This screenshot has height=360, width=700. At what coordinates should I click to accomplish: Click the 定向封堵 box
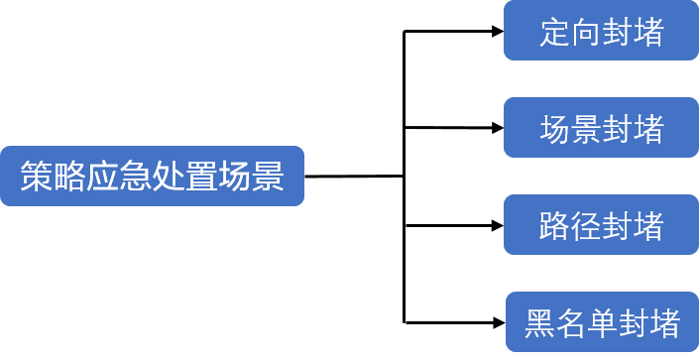pos(601,31)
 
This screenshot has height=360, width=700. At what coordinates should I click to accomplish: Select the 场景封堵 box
pos(601,128)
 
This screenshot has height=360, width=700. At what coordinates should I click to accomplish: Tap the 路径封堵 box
pos(601,225)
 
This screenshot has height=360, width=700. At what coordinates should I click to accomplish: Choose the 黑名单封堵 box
pos(602,322)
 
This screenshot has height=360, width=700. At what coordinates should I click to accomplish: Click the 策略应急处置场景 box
pos(152,177)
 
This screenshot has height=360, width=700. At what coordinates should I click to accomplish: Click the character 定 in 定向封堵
pos(555,32)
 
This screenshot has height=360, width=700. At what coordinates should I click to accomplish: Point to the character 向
pos(586,32)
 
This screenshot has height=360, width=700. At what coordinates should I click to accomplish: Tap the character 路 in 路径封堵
pos(555,226)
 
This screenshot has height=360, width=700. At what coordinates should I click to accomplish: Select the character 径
pos(586,226)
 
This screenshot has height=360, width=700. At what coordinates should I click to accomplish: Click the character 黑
pos(540,323)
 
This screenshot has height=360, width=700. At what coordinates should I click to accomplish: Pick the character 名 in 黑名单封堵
pos(571,323)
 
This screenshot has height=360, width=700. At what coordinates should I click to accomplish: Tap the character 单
pos(602,323)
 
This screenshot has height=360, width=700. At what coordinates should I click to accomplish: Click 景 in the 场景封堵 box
pos(586,129)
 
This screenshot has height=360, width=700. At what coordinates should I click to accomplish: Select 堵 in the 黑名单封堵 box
pos(663,323)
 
